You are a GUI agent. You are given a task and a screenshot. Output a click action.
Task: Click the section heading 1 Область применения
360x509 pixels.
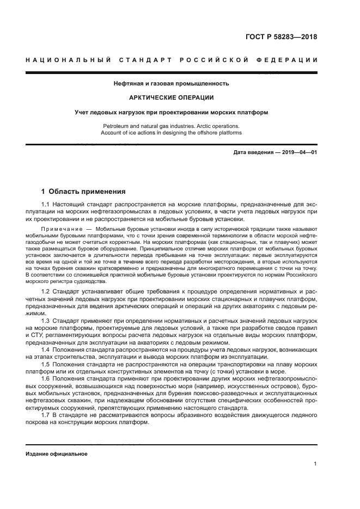[84, 192]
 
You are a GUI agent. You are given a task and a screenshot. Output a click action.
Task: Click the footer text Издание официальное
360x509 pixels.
[57, 453]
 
